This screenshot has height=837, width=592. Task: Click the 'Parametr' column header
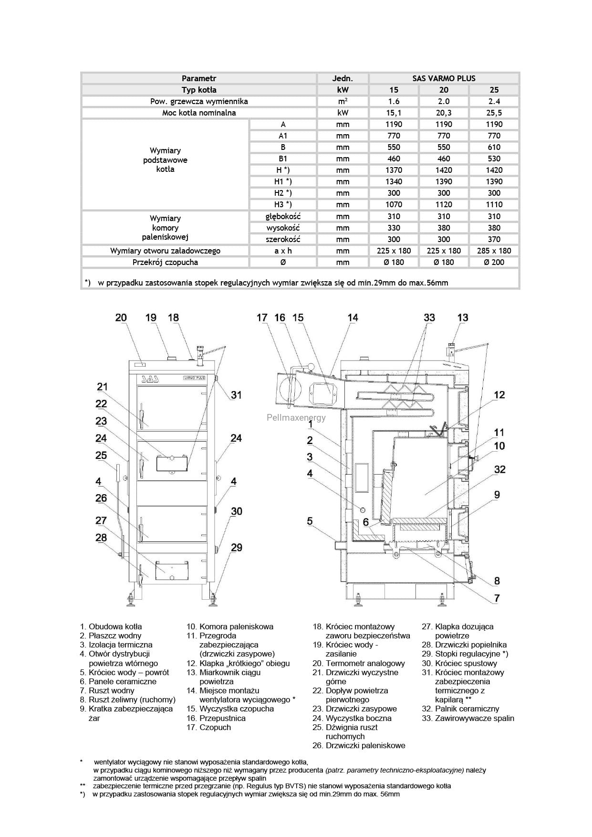tap(199, 78)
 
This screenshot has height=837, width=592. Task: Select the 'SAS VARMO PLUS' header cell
tap(444, 78)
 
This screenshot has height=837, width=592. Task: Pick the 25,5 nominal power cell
tap(494, 113)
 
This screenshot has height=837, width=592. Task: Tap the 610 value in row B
tap(494, 147)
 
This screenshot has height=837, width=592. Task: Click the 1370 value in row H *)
tap(394, 170)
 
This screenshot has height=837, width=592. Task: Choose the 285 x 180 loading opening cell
tap(494, 251)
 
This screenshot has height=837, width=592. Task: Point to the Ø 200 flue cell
tap(494, 262)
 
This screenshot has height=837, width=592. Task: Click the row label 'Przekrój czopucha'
tap(165, 262)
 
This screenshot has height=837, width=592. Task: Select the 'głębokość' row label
tap(283, 216)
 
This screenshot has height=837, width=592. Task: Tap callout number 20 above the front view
tap(121, 318)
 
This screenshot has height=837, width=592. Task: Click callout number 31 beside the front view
tap(236, 395)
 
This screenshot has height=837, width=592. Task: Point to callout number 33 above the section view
tap(429, 318)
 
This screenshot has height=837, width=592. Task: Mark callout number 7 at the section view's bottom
tap(497, 598)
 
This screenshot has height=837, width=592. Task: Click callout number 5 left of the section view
tap(310, 521)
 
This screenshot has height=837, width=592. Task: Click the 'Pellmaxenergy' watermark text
tap(296, 418)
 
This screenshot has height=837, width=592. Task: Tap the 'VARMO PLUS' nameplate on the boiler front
tap(194, 377)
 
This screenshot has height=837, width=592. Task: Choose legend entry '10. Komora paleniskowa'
tap(230, 626)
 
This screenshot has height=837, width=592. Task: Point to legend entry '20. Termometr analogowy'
tap(359, 663)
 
